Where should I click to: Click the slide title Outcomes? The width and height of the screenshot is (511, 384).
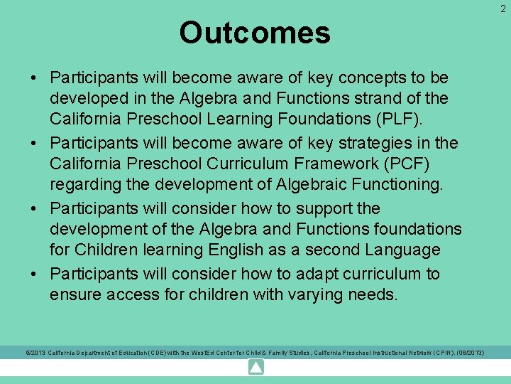255,33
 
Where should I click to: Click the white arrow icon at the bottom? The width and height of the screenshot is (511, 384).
255,368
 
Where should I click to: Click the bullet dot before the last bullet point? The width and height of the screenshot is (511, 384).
35,274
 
